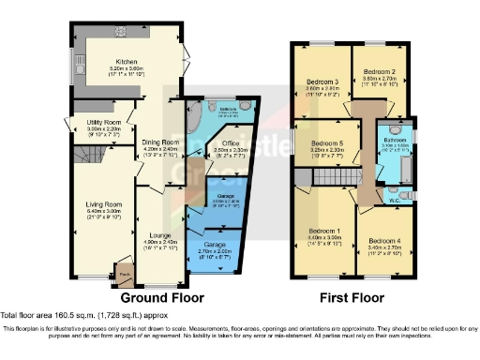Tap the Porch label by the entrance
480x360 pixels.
[x=123, y=274]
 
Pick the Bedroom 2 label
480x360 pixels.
[x=381, y=71]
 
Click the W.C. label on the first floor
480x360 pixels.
[x=396, y=198]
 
